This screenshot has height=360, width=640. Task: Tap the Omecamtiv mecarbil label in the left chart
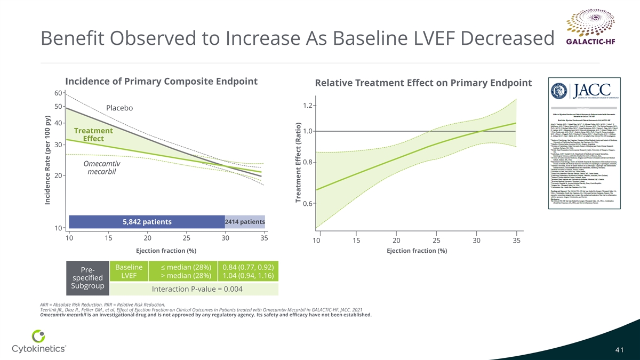click(101, 167)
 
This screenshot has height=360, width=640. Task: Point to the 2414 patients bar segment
click(245, 222)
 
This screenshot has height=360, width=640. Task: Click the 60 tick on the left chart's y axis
click(58, 93)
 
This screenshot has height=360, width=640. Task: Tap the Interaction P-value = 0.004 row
click(197, 289)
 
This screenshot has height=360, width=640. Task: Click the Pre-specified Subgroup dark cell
click(87, 278)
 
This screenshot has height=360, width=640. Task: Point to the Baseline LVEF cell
click(129, 271)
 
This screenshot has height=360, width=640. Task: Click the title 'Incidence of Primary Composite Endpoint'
click(161, 82)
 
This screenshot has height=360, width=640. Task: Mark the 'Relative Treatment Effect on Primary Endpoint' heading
click(423, 83)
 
